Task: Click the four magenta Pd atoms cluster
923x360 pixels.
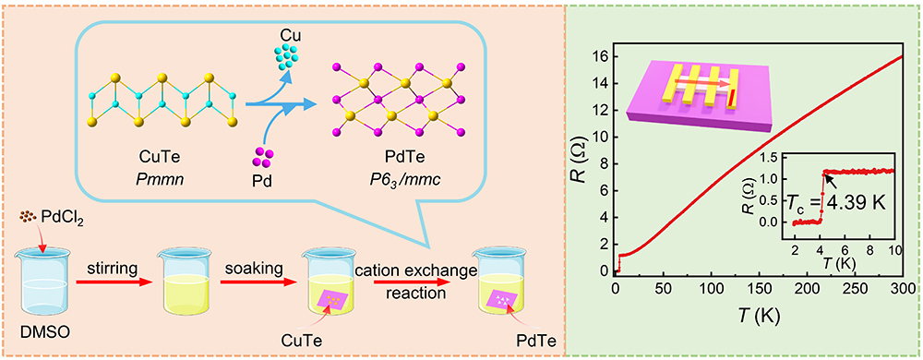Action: click(264, 158)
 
